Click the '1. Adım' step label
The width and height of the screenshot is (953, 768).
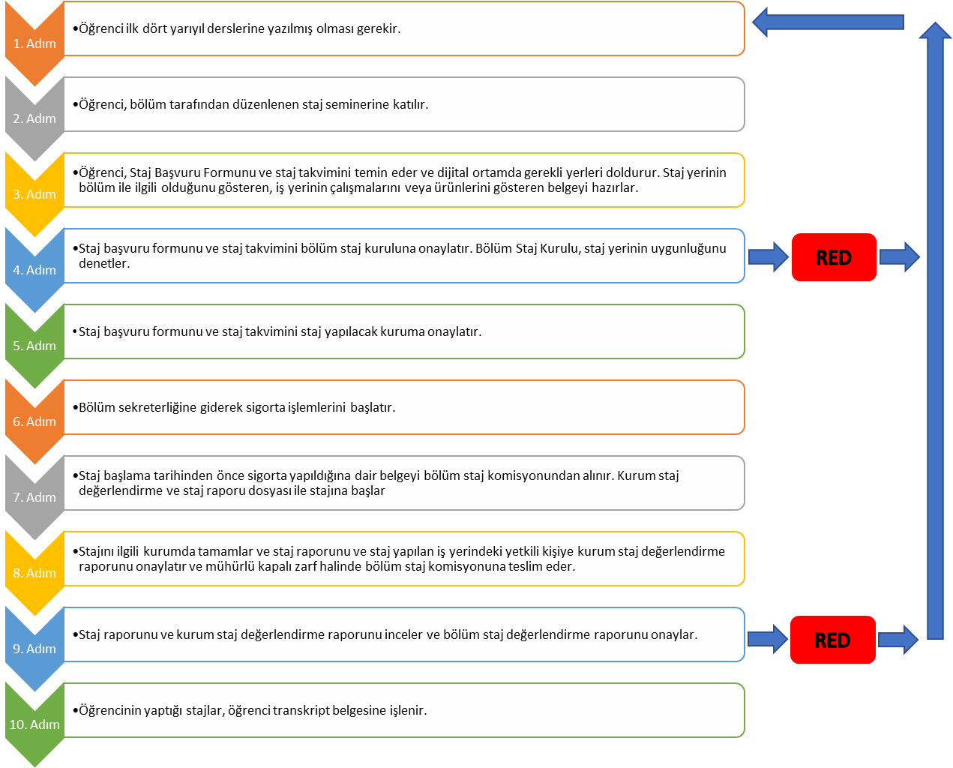point(34,43)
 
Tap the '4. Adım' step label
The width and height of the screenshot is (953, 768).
point(34,270)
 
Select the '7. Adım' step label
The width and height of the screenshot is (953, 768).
point(34,497)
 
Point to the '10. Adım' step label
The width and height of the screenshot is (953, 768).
point(34,724)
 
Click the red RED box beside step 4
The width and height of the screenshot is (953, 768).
point(834,257)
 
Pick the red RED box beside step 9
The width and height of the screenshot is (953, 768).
point(832,640)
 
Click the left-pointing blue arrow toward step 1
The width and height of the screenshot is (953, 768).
point(828,22)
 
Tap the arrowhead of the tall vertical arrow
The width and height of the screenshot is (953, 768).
point(935,30)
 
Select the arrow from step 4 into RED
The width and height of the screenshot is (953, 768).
point(769,257)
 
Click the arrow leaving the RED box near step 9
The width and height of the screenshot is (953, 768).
point(898,640)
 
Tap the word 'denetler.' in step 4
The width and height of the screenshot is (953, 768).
point(104,263)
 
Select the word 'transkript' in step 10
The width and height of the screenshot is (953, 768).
point(301,710)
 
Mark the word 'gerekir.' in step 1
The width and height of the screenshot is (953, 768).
point(379,28)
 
